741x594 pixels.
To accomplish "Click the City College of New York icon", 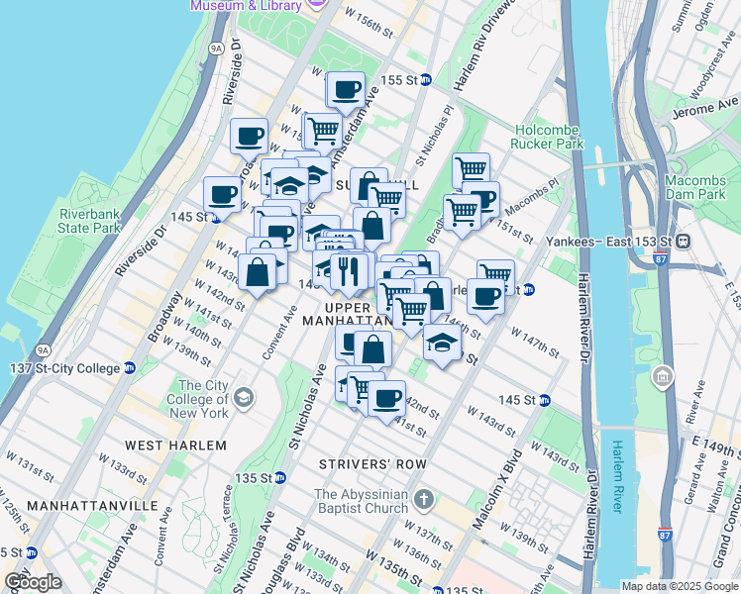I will point(243,398).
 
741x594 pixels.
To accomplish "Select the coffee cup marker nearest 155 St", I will point(346,90).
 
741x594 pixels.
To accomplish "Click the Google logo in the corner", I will point(33,582).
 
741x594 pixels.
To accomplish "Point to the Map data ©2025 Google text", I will point(680,586).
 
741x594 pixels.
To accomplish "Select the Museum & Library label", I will point(245,6).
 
